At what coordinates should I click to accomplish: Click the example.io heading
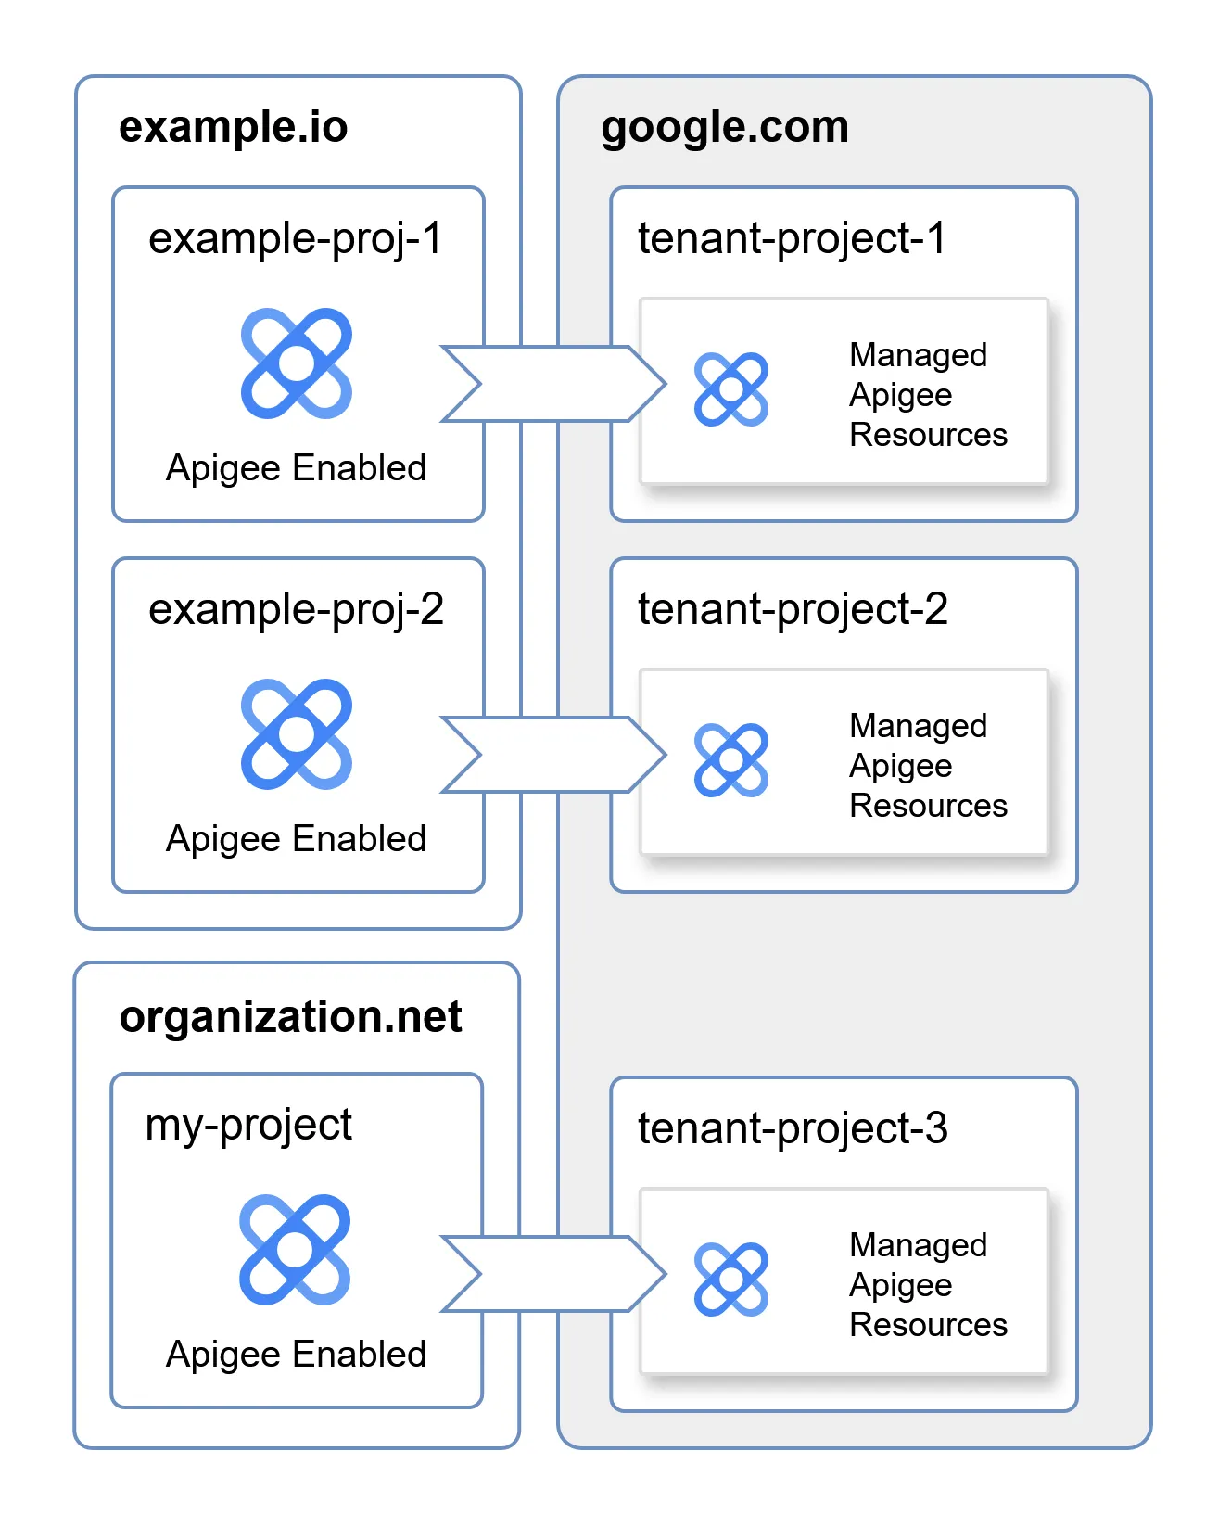[233, 127]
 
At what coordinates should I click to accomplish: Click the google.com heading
[725, 127]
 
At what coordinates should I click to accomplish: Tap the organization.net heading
[290, 1017]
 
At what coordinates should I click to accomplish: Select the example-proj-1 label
[296, 239]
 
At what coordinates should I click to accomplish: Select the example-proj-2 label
[296, 610]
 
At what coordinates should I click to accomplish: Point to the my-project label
[248, 1126]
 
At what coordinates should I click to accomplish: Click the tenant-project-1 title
[792, 238]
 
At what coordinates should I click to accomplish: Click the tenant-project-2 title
[793, 609]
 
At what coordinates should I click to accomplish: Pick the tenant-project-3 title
[793, 1128]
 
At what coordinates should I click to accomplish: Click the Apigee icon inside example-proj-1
[297, 363]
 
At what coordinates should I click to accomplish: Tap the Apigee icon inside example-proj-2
[297, 734]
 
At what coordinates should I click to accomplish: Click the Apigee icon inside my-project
[295, 1250]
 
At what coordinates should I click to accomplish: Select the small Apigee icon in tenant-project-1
[731, 389]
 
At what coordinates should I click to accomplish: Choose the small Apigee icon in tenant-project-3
[731, 1280]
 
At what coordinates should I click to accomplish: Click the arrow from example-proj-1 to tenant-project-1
[554, 384]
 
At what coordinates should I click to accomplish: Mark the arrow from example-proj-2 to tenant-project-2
[554, 755]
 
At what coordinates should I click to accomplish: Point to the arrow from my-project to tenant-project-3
[554, 1274]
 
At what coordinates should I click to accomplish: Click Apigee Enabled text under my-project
[296, 1355]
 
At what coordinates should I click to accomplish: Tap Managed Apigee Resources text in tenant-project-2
[927, 766]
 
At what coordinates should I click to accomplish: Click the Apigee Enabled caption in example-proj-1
[296, 468]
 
